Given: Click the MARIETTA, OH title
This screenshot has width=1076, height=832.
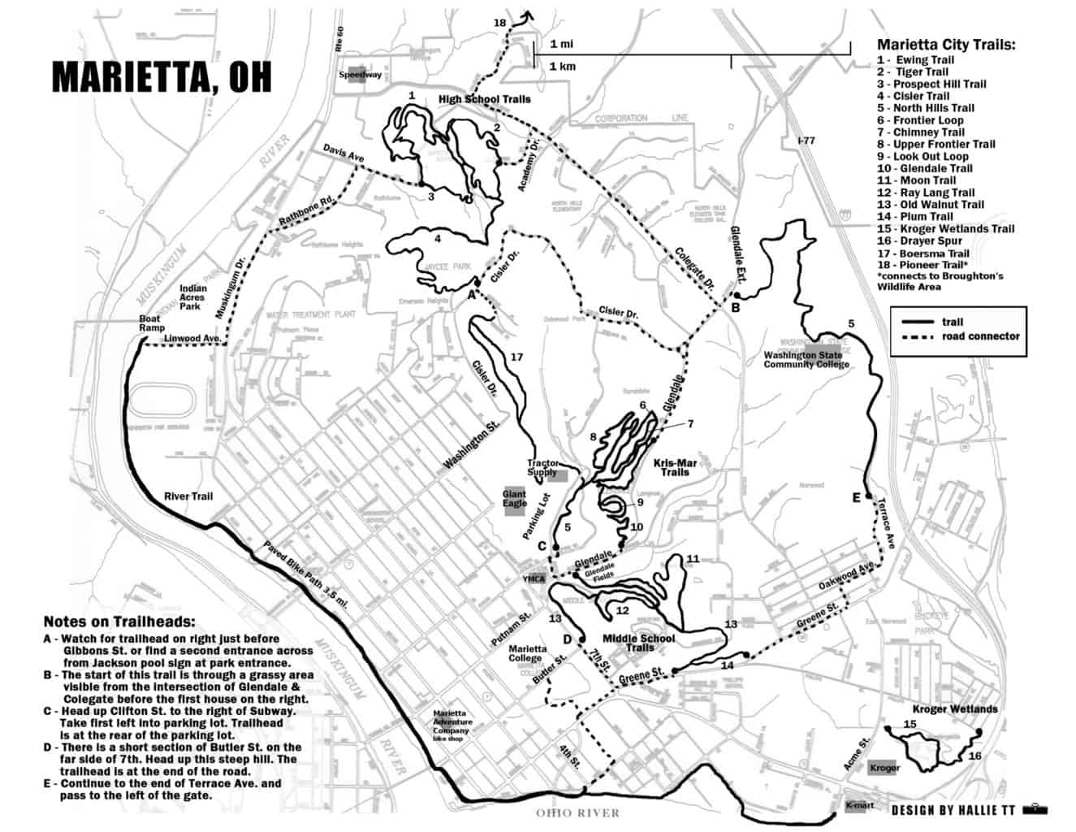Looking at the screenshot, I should pos(162,76).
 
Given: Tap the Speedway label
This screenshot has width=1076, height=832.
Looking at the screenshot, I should pos(360,75).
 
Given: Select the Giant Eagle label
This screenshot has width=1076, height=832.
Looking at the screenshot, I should pos(514,499).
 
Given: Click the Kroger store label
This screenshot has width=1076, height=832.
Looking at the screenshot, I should pos(884,768).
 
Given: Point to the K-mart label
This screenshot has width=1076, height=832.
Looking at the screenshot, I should pos(860,806).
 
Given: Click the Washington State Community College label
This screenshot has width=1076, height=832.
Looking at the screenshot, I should pos(806,359).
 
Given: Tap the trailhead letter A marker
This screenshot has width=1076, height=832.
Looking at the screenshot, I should pos(470,296).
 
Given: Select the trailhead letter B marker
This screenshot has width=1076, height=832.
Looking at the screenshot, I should pos(735,308).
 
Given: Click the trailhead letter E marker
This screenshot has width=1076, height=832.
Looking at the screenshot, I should pos(855,498).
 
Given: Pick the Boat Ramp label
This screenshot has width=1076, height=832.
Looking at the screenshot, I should pos(149,323).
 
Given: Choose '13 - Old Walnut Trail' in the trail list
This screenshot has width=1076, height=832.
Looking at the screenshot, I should pos(930,205).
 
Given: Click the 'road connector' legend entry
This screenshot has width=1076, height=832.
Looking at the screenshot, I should pos(980,336).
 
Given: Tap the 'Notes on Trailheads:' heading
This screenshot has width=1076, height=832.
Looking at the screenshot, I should pos(119,622).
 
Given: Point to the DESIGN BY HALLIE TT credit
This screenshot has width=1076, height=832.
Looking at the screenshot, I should pos(954,810).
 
